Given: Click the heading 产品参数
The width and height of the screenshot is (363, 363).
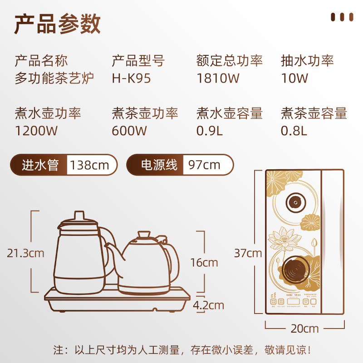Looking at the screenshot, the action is point(57,24).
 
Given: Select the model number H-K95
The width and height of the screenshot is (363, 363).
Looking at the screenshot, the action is point(131,78).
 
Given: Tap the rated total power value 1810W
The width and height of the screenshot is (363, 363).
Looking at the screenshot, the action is point(218,78).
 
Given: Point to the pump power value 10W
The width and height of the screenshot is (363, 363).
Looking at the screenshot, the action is point(294,78).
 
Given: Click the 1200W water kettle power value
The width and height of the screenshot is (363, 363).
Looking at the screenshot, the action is point(36,131).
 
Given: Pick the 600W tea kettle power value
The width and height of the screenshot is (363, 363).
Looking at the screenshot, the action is point(129,131).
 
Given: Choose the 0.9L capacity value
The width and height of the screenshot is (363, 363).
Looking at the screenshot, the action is point(210,131).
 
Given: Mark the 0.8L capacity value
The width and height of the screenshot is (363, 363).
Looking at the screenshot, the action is point(294,131).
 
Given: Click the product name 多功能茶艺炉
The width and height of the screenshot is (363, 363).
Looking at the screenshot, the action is point(54,78).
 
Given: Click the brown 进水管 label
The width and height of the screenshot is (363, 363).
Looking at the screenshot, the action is point(40,165).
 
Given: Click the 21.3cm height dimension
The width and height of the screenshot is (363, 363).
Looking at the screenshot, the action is point(25,253).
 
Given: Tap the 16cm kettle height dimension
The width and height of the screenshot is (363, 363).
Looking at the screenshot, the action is point(204,262).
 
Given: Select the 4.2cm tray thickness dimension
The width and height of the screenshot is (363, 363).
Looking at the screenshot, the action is point(208,305).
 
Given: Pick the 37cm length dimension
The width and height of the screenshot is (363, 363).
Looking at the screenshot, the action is point(248,253).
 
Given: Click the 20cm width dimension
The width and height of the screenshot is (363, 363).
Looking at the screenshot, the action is point(304,328).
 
